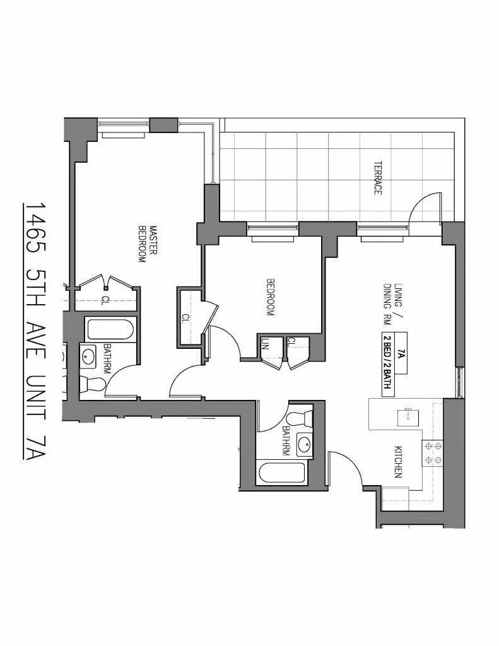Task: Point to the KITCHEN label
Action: [398, 462]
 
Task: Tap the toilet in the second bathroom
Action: [298, 418]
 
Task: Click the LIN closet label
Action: [266, 344]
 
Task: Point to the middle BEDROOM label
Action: [271, 297]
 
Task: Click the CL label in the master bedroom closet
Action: [105, 300]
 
